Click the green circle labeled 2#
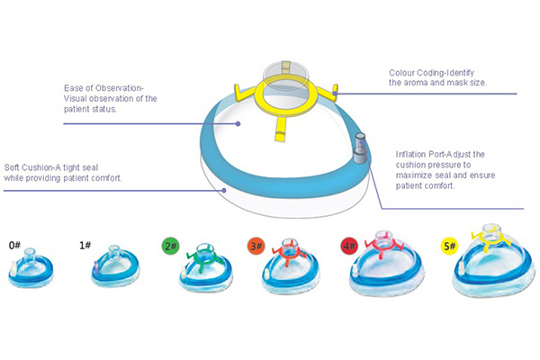pyautogui.click(x=169, y=245)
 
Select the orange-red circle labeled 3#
pyautogui.click(x=255, y=245)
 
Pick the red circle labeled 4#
pyautogui.click(x=347, y=245)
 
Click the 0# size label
pyautogui.click(x=15, y=245)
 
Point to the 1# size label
pyautogui.click(x=86, y=245)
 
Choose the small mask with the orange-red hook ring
pyautogui.click(x=290, y=270)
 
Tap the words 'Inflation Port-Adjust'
pyautogui.click(x=440, y=155)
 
